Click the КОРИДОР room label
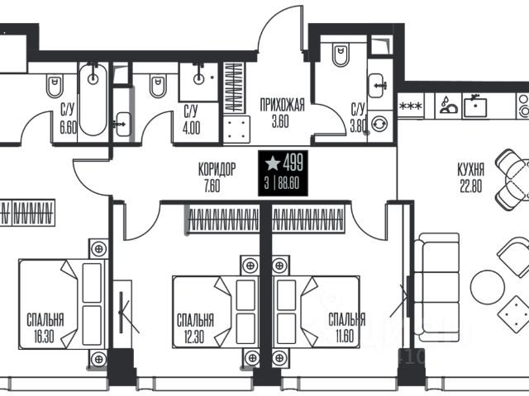pyautogui.click(x=217, y=169)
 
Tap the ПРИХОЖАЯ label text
pyautogui.click(x=282, y=105)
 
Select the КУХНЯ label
pyautogui.click(x=471, y=169)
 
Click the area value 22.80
pyautogui.click(x=471, y=186)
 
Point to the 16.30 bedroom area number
pyautogui.click(x=44, y=336)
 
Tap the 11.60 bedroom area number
pyautogui.click(x=345, y=336)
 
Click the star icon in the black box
pyautogui.click(x=273, y=163)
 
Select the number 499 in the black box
pyautogui.click(x=293, y=163)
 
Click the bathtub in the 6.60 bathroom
pyautogui.click(x=93, y=99)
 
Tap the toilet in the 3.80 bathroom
pyautogui.click(x=341, y=54)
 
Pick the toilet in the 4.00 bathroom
pyautogui.click(x=158, y=86)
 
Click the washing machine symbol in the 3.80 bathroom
pyautogui.click(x=380, y=124)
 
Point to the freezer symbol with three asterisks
pyautogui.click(x=411, y=106)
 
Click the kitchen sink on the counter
pyautogui.click(x=475, y=106)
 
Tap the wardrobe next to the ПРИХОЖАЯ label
pyautogui.click(x=235, y=87)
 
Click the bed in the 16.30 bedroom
pyautogui.click(x=64, y=304)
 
